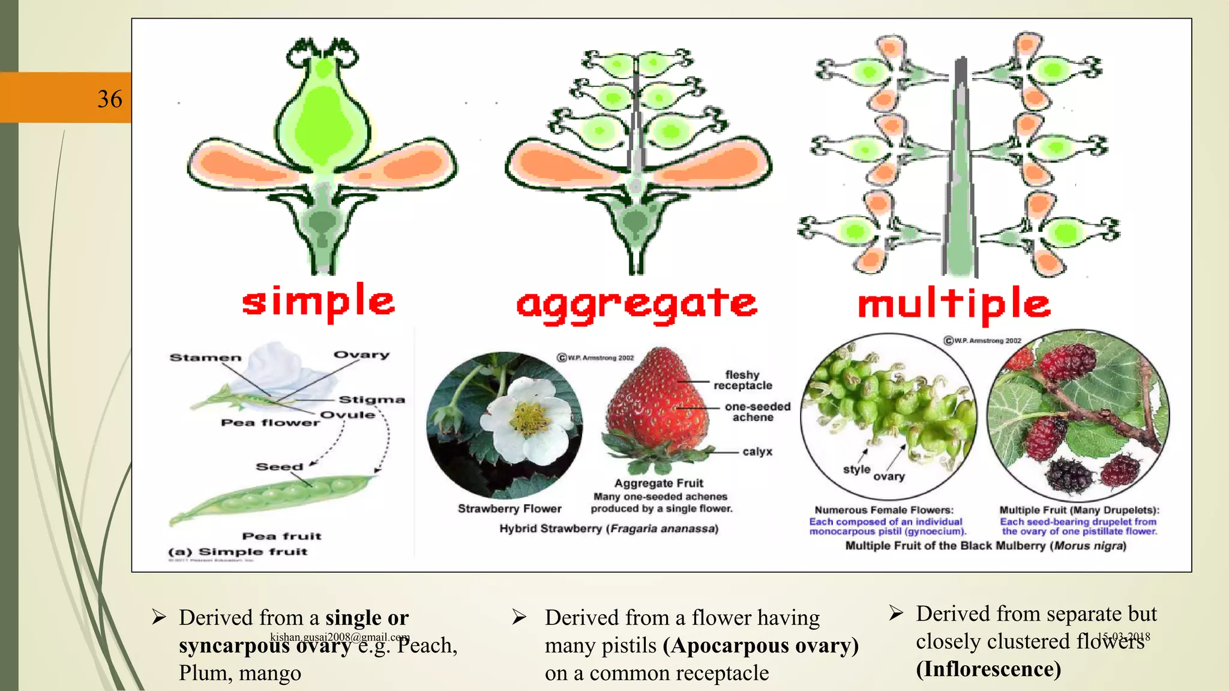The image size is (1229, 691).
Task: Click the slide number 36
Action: (110, 99)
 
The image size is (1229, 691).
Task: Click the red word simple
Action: (318, 301)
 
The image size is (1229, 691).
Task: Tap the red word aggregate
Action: (637, 305)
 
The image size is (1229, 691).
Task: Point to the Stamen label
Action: (205, 358)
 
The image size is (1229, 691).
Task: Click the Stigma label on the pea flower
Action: (371, 400)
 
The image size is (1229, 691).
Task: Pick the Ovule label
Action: (347, 415)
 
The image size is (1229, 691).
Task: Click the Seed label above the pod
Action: (279, 467)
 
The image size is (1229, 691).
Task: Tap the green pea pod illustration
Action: (276, 498)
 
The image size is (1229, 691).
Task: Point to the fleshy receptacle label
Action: (742, 380)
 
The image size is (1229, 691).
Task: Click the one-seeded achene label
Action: (757, 412)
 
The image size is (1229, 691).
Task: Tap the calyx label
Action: (757, 452)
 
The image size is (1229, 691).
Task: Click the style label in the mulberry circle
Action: (856, 469)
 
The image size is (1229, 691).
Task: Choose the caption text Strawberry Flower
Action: (509, 509)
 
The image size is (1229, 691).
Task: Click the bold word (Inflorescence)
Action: (988, 669)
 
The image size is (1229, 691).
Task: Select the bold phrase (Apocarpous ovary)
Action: (760, 645)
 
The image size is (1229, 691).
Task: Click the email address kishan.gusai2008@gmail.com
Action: (340, 637)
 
